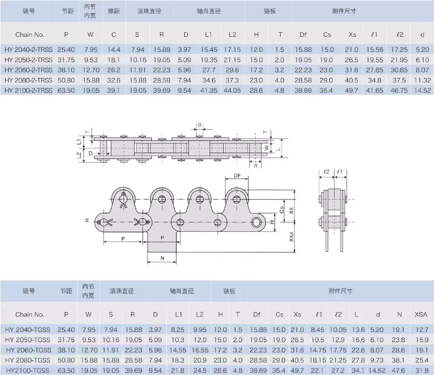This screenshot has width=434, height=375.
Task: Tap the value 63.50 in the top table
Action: pyautogui.click(x=66, y=90)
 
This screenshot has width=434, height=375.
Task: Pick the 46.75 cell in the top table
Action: pyautogui.click(x=400, y=90)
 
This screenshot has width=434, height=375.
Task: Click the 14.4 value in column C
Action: pyautogui.click(x=114, y=49)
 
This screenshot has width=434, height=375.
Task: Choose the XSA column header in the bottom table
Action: pyautogui.click(x=421, y=314)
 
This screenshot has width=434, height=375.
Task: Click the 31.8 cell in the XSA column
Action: pyautogui.click(x=421, y=371)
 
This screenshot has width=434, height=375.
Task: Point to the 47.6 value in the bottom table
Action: pyautogui.click(x=399, y=371)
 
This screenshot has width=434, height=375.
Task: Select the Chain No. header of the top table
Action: pyautogui.click(x=30, y=35)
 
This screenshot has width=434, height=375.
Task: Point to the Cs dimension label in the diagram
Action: pyautogui.click(x=282, y=209)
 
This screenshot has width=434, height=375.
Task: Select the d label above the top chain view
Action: pyautogui.click(x=200, y=124)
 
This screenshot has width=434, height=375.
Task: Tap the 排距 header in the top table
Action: pyautogui.click(x=114, y=11)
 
